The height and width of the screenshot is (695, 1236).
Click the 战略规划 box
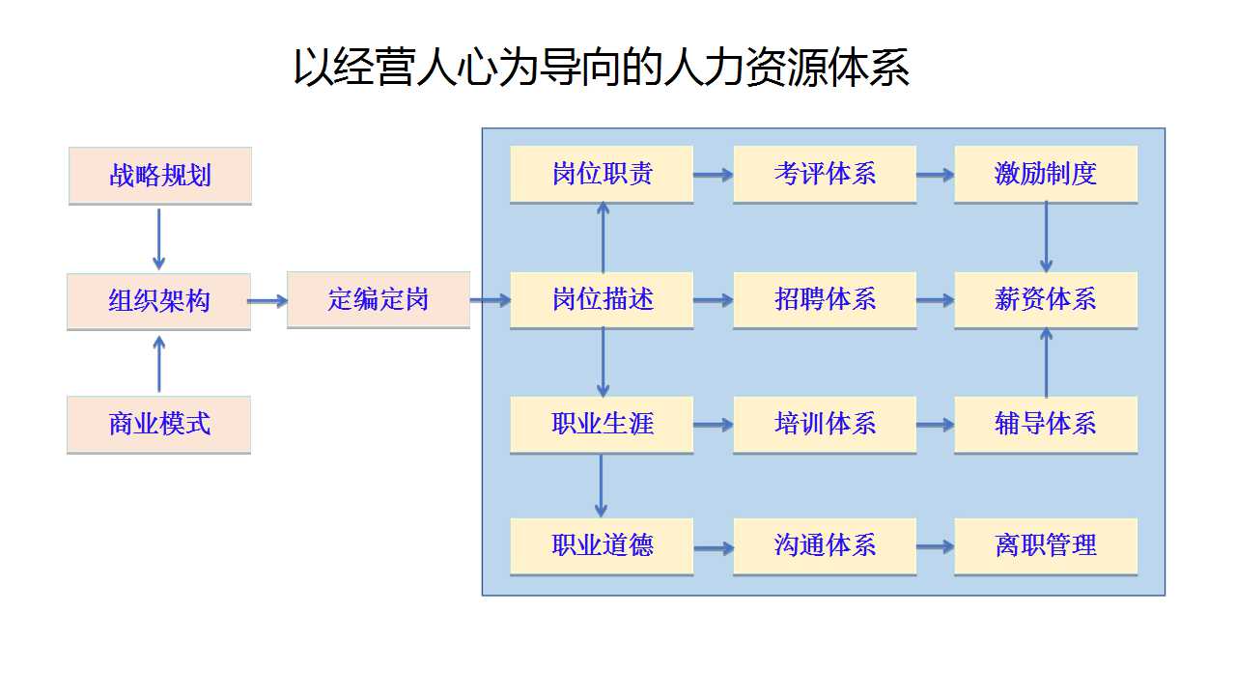coord(160,176)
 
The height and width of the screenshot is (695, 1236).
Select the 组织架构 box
coord(159,302)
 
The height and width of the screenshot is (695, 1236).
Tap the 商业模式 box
coord(159,425)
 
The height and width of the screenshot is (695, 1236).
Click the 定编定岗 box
coord(379,300)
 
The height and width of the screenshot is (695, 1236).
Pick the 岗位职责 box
coord(602,175)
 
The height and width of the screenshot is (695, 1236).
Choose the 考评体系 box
coord(825,175)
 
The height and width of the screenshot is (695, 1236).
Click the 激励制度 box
coord(1046,175)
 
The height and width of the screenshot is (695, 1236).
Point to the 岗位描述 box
coord(602,300)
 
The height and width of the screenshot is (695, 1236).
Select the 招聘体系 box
coord(825,300)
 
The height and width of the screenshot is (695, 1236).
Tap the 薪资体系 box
coord(1046,300)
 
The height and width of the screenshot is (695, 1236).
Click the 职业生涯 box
coord(602,425)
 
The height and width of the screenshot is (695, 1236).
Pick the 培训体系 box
coord(825,425)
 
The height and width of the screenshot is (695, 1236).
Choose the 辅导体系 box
coord(1046,425)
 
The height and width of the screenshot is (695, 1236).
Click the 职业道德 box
coord(602,546)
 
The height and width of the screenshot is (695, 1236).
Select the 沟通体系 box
coord(825,546)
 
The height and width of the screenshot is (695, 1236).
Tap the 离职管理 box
coord(1046,546)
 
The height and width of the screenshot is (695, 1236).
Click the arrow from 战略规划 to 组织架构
coord(159,239)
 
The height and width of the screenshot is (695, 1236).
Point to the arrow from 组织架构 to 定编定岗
coord(267,301)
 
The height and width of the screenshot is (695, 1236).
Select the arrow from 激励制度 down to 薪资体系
coord(1046,237)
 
